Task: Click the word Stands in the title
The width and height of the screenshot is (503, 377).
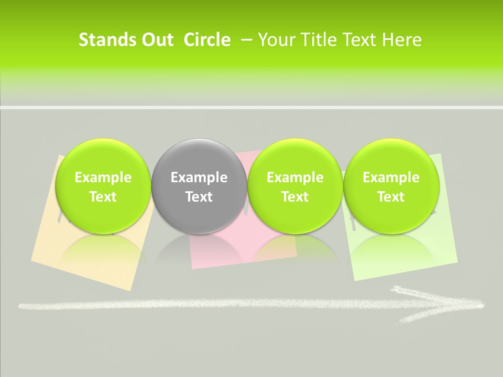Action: point(103,40)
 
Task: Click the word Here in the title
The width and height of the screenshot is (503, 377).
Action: point(402,40)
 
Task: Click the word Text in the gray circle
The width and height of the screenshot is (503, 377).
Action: point(199,197)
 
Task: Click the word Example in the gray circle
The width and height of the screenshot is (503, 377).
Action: point(199,178)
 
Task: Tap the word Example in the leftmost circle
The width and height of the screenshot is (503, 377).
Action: point(103,178)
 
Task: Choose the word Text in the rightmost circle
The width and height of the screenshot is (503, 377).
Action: point(391,197)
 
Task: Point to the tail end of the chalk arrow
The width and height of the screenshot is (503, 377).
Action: point(24,306)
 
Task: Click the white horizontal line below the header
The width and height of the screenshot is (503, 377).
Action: point(251,107)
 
